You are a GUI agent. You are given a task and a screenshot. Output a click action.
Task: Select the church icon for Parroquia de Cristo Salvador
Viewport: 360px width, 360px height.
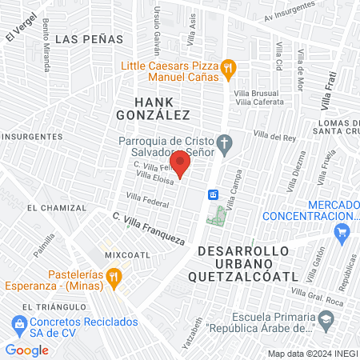[226, 145]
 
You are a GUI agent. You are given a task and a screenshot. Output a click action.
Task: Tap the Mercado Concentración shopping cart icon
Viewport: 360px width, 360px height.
[343, 233]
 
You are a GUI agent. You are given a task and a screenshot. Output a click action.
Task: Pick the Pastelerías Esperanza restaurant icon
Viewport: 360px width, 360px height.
[114, 277]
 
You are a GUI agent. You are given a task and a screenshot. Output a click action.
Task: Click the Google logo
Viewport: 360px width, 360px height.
[27, 350]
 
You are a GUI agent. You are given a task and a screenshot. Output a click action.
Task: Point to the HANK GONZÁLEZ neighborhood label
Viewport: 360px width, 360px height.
[161, 109]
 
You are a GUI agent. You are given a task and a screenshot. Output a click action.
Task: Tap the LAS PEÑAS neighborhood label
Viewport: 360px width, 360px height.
[91, 38]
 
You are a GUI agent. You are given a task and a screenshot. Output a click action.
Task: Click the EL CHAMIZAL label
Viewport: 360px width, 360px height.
[56, 207]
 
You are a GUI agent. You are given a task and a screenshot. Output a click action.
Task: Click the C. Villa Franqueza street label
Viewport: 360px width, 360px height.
[149, 228]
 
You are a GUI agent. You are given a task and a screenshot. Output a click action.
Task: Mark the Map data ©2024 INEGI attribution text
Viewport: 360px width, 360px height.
[312, 354]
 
